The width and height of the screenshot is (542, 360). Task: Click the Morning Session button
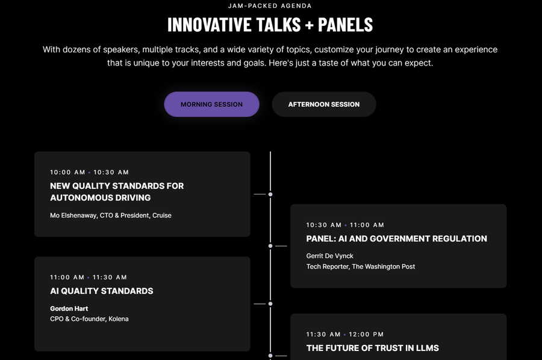coord(211,104)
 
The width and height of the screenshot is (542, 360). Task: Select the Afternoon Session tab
coord(324,104)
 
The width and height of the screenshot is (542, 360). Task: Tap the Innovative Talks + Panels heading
coord(270,25)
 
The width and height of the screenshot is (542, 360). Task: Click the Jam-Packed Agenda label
coord(270,6)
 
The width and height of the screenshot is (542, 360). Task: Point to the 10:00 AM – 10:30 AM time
coord(89,172)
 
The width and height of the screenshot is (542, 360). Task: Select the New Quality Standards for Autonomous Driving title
coord(117,192)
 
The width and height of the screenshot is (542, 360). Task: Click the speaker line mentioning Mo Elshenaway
coord(111,216)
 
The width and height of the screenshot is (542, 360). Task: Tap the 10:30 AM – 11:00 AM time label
coord(345,225)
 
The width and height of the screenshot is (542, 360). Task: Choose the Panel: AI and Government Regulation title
coord(396,239)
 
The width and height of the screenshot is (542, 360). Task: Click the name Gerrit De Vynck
coord(330,256)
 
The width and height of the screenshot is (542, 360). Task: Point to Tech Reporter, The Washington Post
coord(361,267)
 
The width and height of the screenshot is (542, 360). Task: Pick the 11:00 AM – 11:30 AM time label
coord(88,277)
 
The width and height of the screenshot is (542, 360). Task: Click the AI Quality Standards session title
coord(102,291)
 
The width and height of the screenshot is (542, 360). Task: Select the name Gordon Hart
coord(69,308)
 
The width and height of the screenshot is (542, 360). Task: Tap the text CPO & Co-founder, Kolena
coord(89,319)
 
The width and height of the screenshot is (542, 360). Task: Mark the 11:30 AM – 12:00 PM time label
coord(344,335)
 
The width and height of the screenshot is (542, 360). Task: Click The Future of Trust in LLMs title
coord(373,348)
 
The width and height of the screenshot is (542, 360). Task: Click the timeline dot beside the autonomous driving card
coord(270,194)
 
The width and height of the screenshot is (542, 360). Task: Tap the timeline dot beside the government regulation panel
coord(270,246)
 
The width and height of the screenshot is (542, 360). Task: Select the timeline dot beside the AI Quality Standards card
coord(270,303)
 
